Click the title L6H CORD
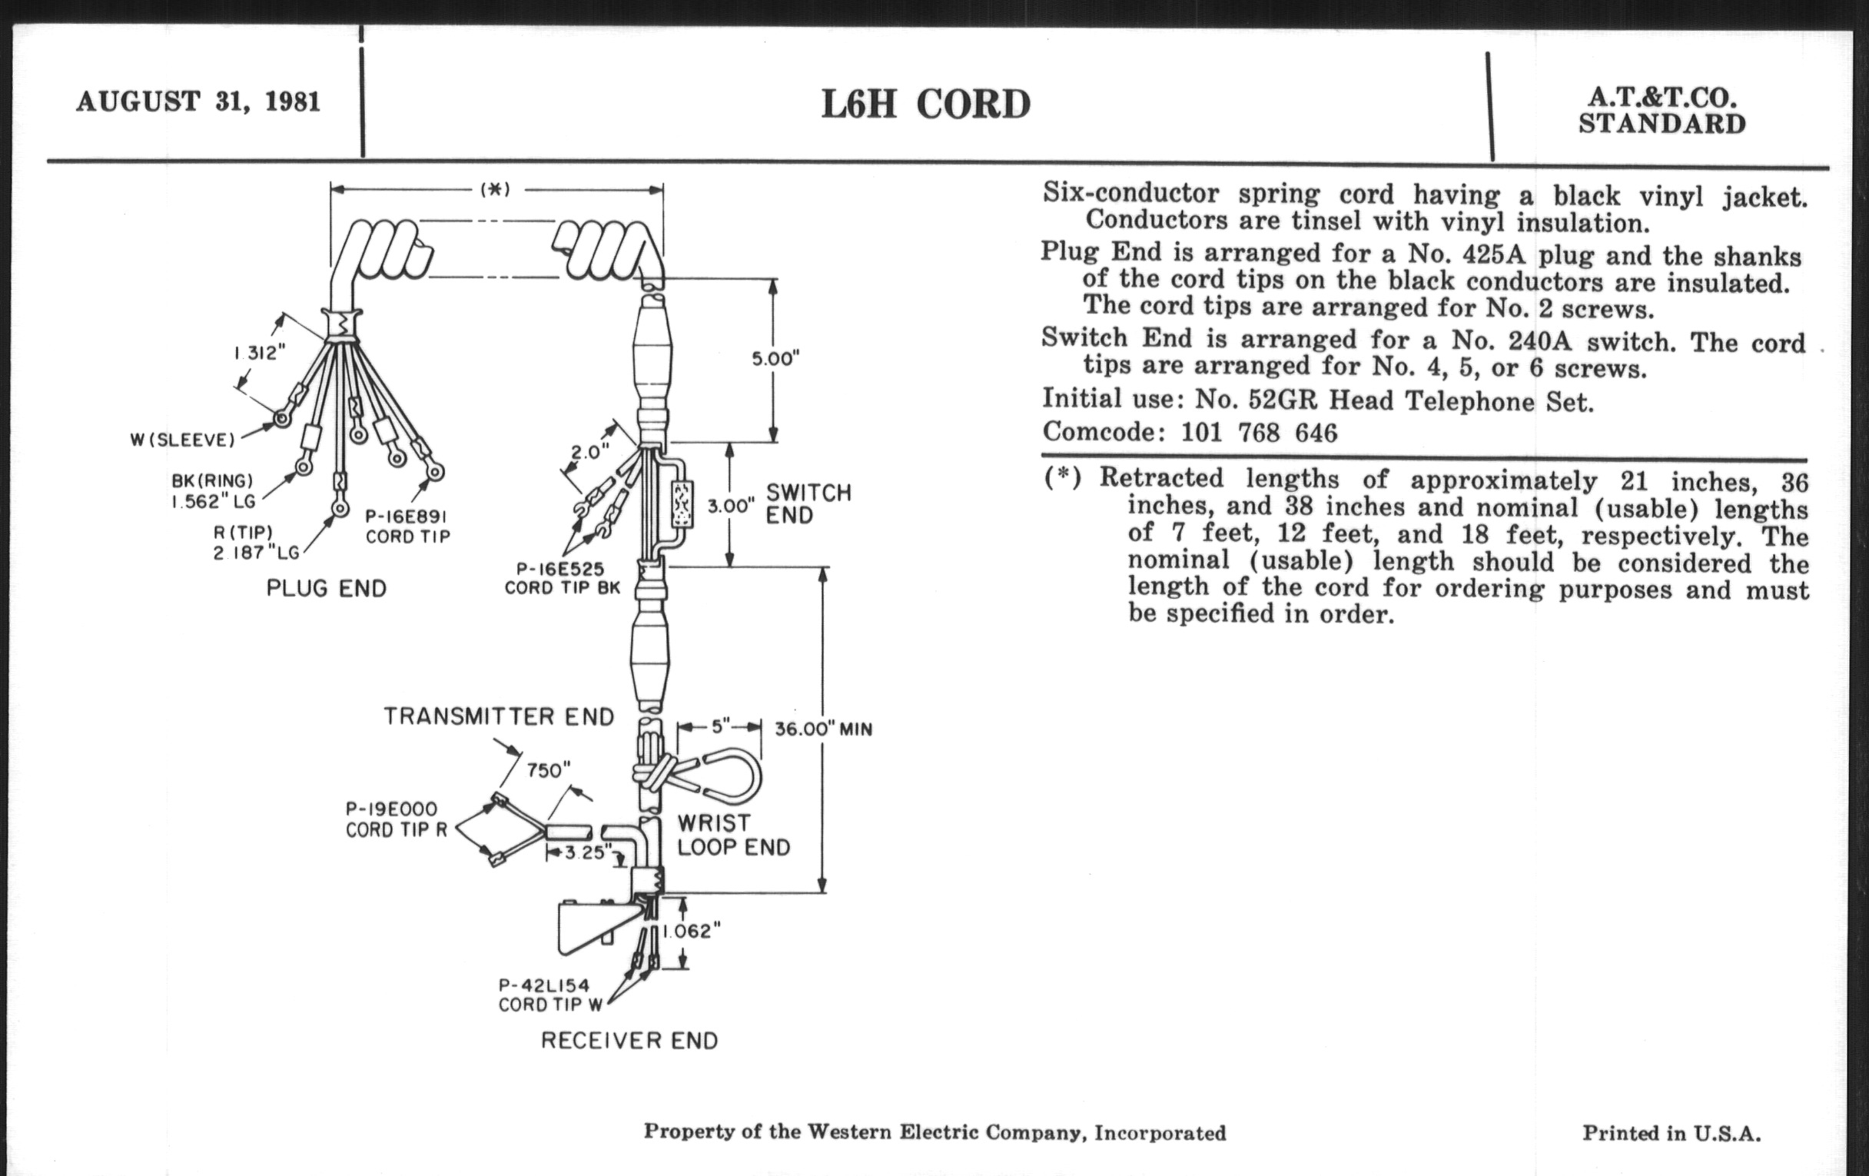[926, 105]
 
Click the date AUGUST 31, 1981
[198, 101]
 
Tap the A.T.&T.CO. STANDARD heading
[1662, 110]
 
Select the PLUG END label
[326, 589]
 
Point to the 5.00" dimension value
[775, 359]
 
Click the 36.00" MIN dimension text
[824, 729]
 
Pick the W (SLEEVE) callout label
[182, 440]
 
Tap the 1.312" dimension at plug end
[260, 354]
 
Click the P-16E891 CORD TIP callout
[407, 527]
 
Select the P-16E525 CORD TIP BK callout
[562, 579]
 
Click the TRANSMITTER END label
[498, 716]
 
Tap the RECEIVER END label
[629, 1040]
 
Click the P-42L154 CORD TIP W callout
[550, 995]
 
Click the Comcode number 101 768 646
[1259, 433]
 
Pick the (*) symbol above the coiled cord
[495, 189]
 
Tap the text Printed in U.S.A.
[1671, 1133]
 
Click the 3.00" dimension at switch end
[731, 506]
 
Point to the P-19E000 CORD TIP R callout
[396, 819]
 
